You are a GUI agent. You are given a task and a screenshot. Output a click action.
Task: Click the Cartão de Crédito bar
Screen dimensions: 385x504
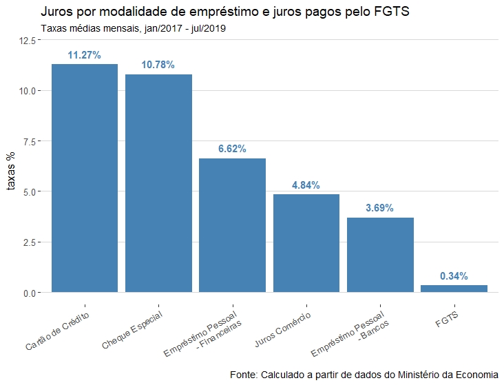(85, 178)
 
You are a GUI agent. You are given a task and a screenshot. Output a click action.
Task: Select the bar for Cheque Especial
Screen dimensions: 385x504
(158, 183)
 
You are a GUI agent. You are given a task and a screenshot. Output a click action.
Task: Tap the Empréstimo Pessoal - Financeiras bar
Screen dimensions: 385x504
(232, 225)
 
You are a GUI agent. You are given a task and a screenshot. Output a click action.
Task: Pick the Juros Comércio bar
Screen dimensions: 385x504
(306, 243)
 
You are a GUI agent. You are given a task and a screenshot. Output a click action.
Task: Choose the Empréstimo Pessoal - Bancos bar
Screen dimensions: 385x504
(380, 255)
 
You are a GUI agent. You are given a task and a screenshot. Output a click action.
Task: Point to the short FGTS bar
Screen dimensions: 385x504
(454, 289)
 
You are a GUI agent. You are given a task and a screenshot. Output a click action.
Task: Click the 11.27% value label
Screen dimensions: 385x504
(85, 55)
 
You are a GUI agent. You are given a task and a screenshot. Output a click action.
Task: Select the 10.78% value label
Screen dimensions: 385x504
(158, 65)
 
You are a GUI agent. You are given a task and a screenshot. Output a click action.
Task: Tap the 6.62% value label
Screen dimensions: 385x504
(232, 149)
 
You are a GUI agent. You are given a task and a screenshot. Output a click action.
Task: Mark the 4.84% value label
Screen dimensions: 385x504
(306, 185)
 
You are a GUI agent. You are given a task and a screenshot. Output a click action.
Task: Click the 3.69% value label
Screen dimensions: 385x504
(380, 208)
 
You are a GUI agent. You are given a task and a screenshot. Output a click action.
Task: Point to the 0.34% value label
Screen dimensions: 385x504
(454, 276)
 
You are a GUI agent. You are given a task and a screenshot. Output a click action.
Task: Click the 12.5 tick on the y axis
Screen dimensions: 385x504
(28, 41)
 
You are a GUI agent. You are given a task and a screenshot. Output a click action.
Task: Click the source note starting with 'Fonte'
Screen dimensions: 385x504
(364, 375)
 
